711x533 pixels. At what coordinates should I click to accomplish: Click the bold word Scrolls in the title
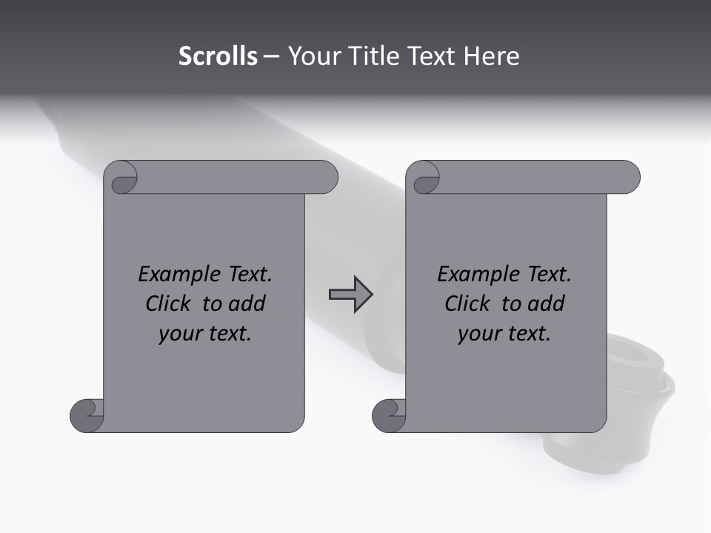point(218,56)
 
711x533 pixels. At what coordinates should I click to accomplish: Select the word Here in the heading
point(491,56)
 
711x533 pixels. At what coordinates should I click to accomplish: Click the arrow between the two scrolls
point(350,295)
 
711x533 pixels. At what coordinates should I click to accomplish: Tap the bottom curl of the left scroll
point(87,416)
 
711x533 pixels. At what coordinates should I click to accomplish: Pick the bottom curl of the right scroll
point(390,416)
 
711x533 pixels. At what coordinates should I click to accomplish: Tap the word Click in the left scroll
point(168,304)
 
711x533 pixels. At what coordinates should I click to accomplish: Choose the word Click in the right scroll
point(467,304)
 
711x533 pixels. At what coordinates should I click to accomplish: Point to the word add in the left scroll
point(247,304)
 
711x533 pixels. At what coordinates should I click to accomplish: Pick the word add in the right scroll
point(546,304)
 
